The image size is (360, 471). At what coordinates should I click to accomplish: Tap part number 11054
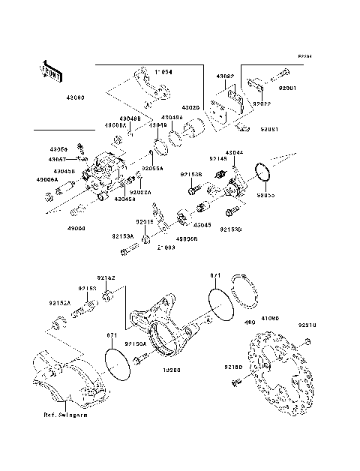click(x=164, y=73)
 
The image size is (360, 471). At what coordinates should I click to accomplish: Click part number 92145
click(x=218, y=159)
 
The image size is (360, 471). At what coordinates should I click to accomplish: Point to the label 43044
click(x=235, y=152)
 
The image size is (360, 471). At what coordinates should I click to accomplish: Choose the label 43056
click(x=58, y=149)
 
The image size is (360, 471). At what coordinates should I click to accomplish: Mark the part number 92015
click(x=144, y=223)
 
